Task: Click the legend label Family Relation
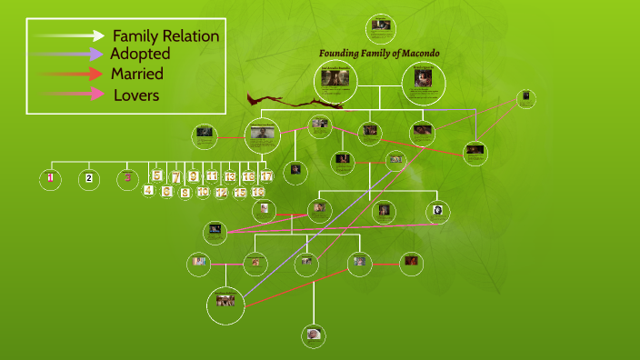[x=165, y=36]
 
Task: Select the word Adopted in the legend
[x=140, y=55]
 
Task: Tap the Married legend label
[x=136, y=74]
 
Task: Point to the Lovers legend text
[x=136, y=95]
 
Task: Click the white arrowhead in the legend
[x=98, y=35]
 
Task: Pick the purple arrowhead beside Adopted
[x=95, y=55]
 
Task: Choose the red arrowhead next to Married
[x=95, y=74]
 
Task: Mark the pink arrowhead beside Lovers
[x=95, y=94]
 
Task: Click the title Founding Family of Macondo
[x=379, y=54]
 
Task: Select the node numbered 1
[x=51, y=179]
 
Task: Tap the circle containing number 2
[x=89, y=179]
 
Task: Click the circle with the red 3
[x=128, y=179]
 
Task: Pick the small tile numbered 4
[x=148, y=190]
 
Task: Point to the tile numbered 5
[x=157, y=176]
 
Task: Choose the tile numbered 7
[x=175, y=176]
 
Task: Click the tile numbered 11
[x=212, y=176]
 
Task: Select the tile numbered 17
[x=266, y=176]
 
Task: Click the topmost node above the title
[x=381, y=26]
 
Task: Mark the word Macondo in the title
[x=421, y=54]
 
